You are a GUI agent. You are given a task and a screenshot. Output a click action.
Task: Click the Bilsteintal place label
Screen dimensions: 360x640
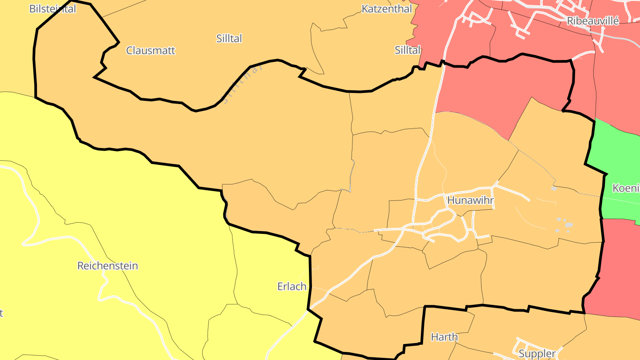pyautogui.click(x=52, y=9)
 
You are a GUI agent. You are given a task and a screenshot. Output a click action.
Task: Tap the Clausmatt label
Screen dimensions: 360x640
pyautogui.click(x=151, y=51)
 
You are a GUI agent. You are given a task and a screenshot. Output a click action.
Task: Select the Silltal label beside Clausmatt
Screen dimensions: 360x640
pyautogui.click(x=229, y=39)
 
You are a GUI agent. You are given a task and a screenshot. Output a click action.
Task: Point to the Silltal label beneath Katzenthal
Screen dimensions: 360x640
pyautogui.click(x=408, y=50)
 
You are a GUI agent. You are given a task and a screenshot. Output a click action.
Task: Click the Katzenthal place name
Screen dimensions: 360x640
pyautogui.click(x=387, y=9)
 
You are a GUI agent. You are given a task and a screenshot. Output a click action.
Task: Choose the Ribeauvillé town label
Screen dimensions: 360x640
pyautogui.click(x=593, y=21)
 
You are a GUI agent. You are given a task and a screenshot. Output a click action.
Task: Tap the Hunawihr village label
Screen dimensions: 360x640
pyautogui.click(x=471, y=200)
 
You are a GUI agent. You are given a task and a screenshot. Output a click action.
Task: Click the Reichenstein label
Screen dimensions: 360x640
pyautogui.click(x=108, y=266)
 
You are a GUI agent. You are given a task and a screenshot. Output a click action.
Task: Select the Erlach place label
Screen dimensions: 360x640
pyautogui.click(x=292, y=286)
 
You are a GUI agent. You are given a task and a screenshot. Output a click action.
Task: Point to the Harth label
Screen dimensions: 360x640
pyautogui.click(x=444, y=337)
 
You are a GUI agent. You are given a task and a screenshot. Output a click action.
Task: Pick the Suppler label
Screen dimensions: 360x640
pyautogui.click(x=537, y=354)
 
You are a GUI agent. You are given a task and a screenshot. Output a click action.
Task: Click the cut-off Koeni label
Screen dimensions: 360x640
pyautogui.click(x=626, y=188)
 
